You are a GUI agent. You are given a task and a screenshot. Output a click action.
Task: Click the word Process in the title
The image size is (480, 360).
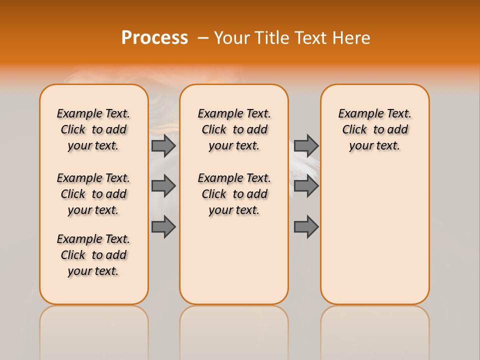[x=154, y=38]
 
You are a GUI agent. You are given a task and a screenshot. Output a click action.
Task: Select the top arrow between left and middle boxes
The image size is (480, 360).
[x=163, y=145]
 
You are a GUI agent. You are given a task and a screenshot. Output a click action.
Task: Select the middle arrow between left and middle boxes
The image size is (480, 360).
[x=163, y=186]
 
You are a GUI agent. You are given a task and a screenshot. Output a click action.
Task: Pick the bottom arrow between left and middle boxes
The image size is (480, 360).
[x=163, y=227]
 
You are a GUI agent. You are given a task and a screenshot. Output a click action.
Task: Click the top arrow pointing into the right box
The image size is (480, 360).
[x=306, y=145]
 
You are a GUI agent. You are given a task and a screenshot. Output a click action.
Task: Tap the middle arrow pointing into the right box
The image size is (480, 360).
[x=306, y=186]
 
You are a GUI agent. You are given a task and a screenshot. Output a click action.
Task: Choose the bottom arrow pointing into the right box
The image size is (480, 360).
[x=306, y=227]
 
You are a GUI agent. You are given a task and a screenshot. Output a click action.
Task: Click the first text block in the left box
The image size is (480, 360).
[x=93, y=129]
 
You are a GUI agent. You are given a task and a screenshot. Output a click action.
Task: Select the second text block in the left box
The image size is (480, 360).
[x=93, y=194]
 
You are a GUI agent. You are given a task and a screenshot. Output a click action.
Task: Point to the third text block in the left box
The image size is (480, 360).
[x=93, y=255]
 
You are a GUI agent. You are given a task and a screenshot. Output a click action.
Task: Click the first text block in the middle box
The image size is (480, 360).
[x=234, y=129]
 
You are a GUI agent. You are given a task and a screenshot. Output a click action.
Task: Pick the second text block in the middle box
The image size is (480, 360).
[x=234, y=194]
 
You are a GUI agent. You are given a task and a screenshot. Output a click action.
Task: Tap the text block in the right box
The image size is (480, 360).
[x=374, y=129]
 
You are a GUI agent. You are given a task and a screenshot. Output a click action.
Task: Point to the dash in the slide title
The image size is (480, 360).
[x=202, y=38]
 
